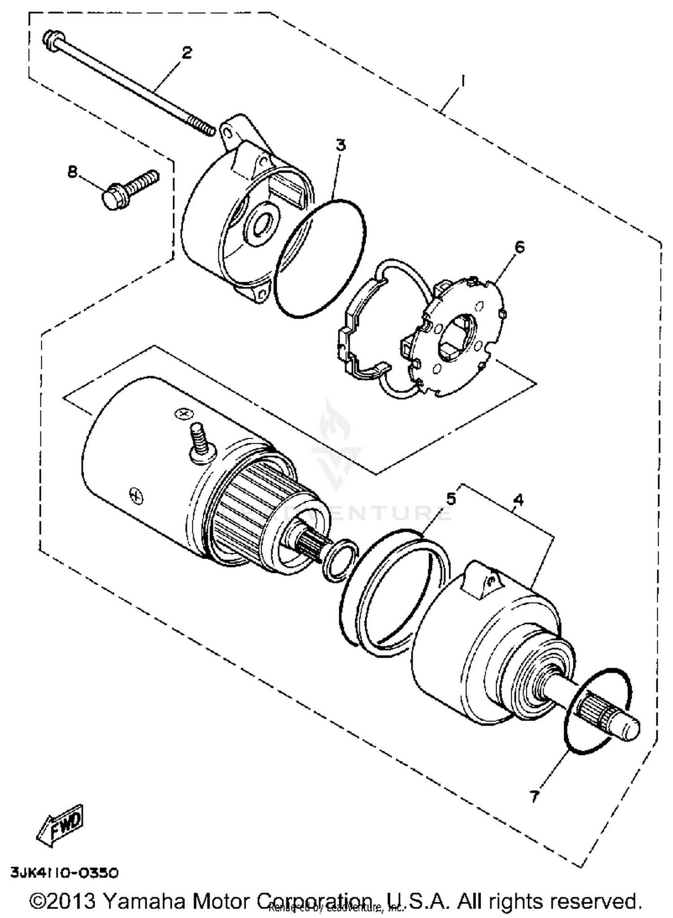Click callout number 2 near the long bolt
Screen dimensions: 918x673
click(187, 52)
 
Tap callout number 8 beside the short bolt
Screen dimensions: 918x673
click(72, 171)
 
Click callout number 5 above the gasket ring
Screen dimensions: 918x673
click(450, 498)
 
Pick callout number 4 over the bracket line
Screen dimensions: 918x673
click(518, 499)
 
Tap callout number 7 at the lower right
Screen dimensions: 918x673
click(533, 796)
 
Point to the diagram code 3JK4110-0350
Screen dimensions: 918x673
click(65, 873)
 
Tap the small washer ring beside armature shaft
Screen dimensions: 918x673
click(341, 559)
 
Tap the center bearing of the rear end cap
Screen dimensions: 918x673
click(262, 223)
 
